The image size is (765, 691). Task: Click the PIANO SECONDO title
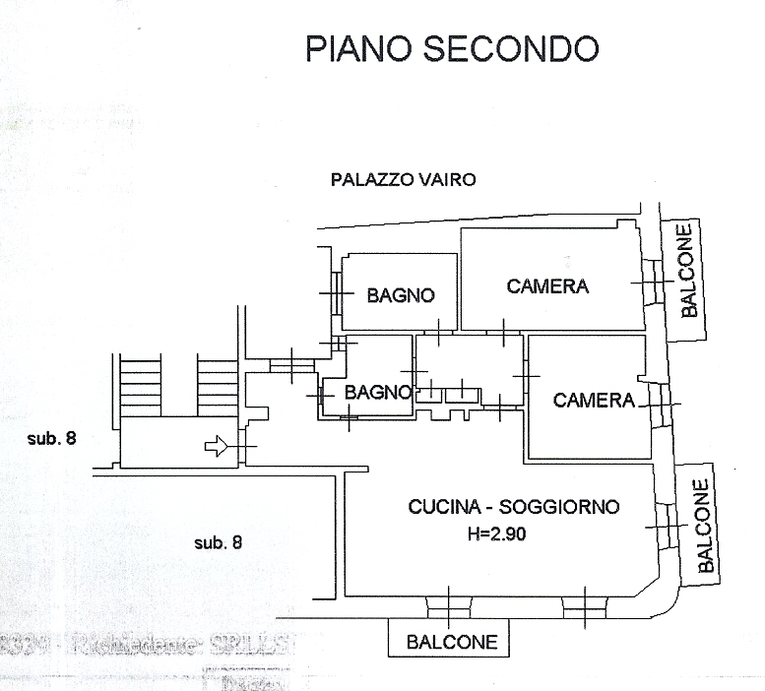pyautogui.click(x=452, y=48)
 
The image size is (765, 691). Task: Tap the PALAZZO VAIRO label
pyautogui.click(x=404, y=179)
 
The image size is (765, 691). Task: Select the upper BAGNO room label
pyautogui.click(x=400, y=294)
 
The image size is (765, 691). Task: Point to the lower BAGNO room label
pyautogui.click(x=377, y=392)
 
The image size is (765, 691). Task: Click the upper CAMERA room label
pyautogui.click(x=547, y=286)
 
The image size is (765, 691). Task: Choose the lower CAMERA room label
pyautogui.click(x=594, y=400)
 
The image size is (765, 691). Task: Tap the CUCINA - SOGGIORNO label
pyautogui.click(x=514, y=508)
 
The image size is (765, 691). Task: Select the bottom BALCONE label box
pyautogui.click(x=452, y=642)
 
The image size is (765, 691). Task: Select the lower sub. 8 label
pyautogui.click(x=218, y=541)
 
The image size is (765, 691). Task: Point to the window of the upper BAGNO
pyautogui.click(x=337, y=293)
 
